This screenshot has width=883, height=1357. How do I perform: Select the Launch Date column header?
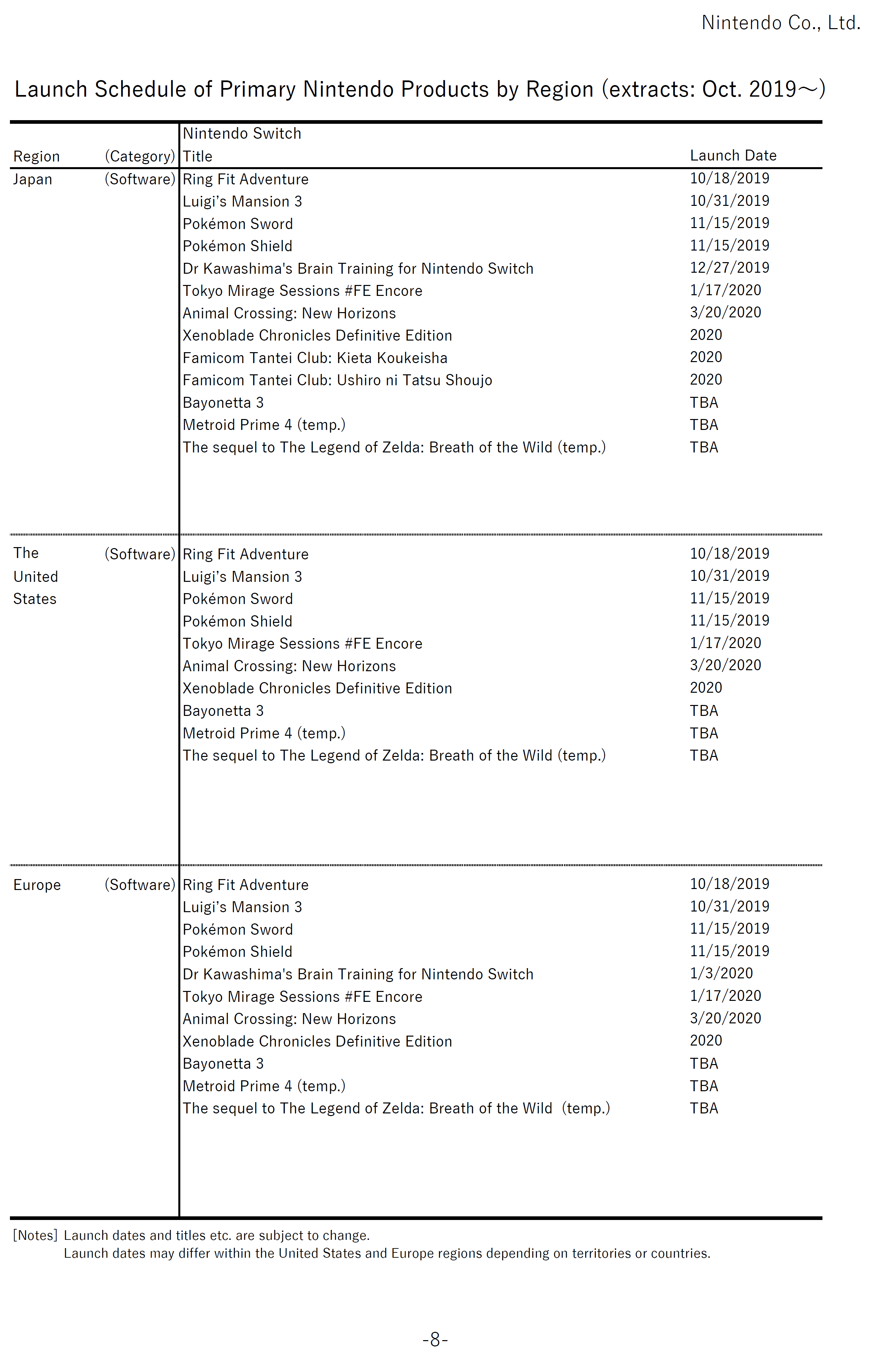733,156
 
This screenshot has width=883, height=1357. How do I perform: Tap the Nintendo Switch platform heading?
242,133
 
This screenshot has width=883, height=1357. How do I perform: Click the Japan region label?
32,180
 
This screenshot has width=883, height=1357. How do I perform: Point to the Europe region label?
37,885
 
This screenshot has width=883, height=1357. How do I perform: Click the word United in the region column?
35,577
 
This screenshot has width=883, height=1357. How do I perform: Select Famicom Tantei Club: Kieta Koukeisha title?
315,358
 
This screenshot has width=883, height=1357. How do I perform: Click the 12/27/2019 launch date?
729,267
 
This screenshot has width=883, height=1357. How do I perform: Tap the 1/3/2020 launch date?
721,973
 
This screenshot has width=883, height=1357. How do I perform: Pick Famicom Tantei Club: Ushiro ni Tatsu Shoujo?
337,380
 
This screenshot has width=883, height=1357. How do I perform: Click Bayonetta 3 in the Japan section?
223,402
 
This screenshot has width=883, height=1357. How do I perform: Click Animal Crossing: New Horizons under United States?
289,666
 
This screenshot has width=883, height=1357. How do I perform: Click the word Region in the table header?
36,156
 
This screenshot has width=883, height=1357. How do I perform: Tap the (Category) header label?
140,156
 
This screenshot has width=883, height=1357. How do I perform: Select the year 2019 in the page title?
773,89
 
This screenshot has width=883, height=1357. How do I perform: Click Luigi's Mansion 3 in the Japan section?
242,201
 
